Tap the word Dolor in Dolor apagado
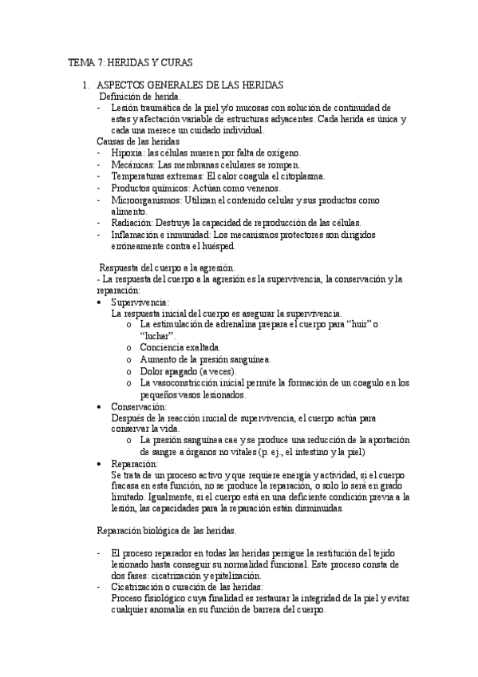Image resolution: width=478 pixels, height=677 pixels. click(x=152, y=372)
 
